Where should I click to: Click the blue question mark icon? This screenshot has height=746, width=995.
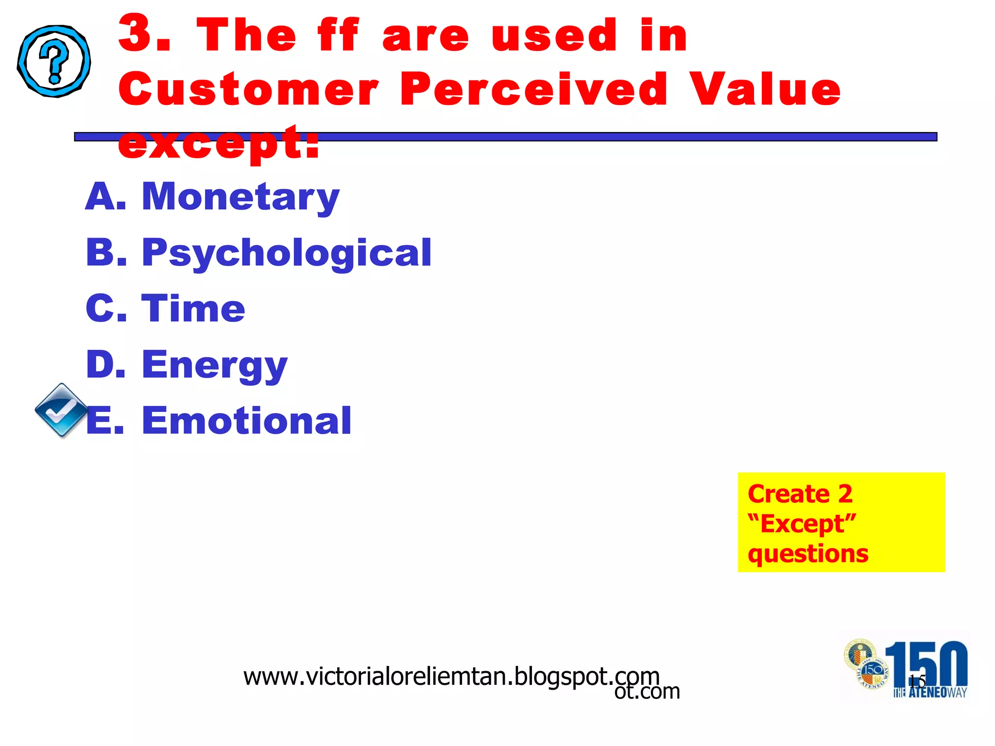tap(54, 61)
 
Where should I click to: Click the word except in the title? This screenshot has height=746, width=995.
tap(219, 143)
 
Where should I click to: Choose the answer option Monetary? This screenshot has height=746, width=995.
tap(240, 197)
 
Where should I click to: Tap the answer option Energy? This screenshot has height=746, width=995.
tap(214, 365)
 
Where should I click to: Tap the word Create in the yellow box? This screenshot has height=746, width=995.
tap(788, 494)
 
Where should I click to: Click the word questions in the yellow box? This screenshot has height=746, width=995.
tap(807, 554)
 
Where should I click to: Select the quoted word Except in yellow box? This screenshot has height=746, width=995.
tap(802, 524)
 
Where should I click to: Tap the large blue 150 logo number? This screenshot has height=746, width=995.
tap(926, 663)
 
